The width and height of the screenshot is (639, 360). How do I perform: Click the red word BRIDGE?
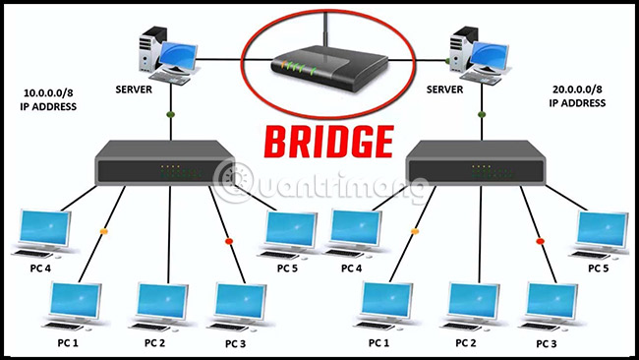[x=319, y=141]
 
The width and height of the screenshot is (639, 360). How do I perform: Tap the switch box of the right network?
[x=477, y=164]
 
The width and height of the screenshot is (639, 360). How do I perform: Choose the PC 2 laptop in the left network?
[x=161, y=306]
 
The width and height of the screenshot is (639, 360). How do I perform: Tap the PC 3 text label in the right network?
[x=548, y=343]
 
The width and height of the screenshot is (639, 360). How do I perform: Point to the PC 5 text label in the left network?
[x=286, y=269]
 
